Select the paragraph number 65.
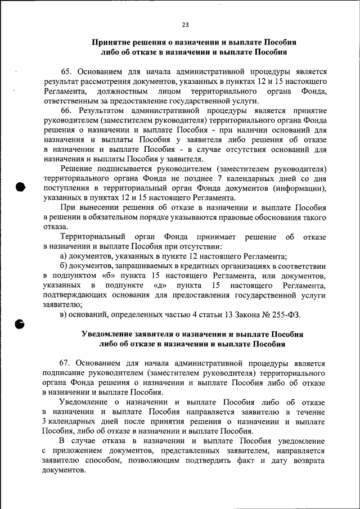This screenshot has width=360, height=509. pyautogui.click(x=66, y=73)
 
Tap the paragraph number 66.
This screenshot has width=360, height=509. pyautogui.click(x=66, y=111)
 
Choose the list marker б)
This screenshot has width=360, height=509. pyautogui.click(x=64, y=265)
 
